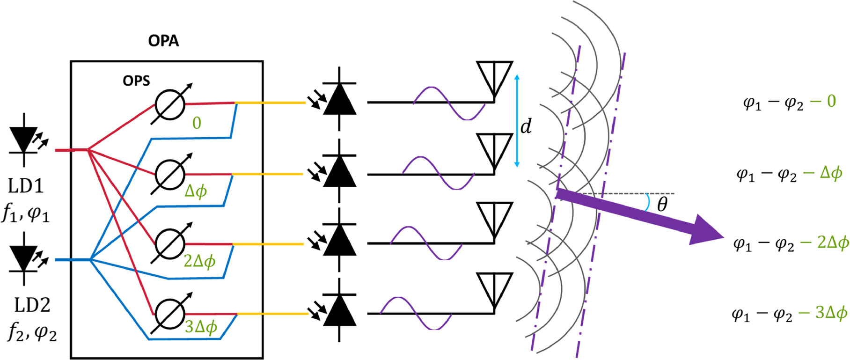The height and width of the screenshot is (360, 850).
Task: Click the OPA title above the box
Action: click(163, 41)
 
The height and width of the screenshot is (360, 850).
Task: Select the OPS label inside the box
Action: click(136, 81)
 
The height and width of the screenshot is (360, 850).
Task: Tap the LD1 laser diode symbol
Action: click(25, 140)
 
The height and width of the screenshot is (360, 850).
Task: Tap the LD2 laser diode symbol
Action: click(25, 259)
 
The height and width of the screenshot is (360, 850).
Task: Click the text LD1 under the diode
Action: click(26, 186)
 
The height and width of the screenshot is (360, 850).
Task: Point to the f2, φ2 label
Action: click(32, 333)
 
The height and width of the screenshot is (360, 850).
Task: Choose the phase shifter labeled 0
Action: click(170, 103)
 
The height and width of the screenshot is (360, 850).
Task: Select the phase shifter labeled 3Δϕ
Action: click(170, 314)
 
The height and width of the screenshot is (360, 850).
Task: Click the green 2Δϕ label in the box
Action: click(200, 261)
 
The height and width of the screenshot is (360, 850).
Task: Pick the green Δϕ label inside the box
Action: click(196, 191)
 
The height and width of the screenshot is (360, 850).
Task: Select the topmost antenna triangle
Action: click(494, 75)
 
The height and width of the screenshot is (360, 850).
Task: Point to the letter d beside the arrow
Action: click(527, 126)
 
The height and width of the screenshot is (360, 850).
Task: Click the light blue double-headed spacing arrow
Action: click(517, 121)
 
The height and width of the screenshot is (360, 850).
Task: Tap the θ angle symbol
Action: click(662, 205)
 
